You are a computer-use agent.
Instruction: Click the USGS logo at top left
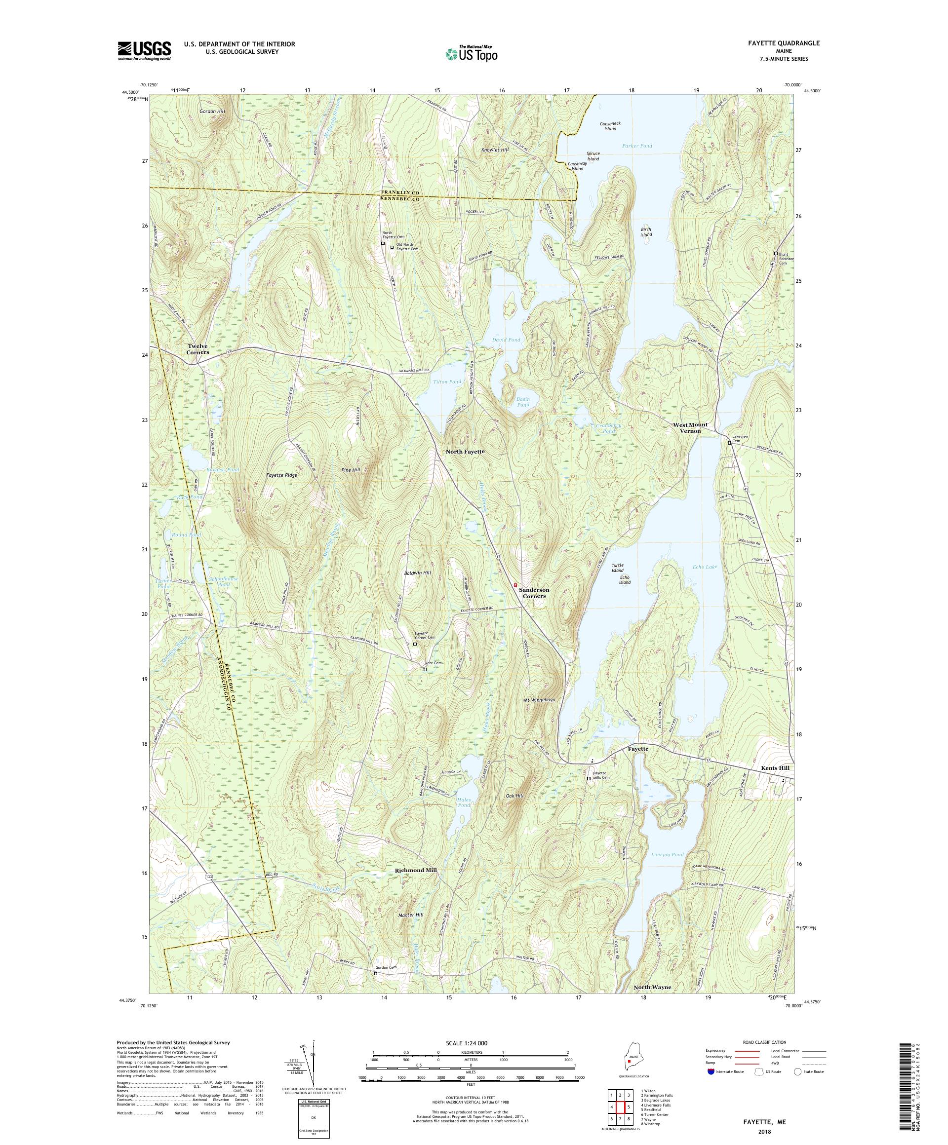click(x=145, y=51)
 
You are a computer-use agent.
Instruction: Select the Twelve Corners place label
click(x=198, y=349)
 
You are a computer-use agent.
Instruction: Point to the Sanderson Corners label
click(x=534, y=593)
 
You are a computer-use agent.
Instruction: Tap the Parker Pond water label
click(x=636, y=146)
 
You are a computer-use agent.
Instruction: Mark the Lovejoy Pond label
click(x=667, y=855)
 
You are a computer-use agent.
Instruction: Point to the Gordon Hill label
click(x=212, y=111)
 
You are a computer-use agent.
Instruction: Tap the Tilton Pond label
click(x=447, y=382)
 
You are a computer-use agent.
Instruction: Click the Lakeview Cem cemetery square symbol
click(x=729, y=443)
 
